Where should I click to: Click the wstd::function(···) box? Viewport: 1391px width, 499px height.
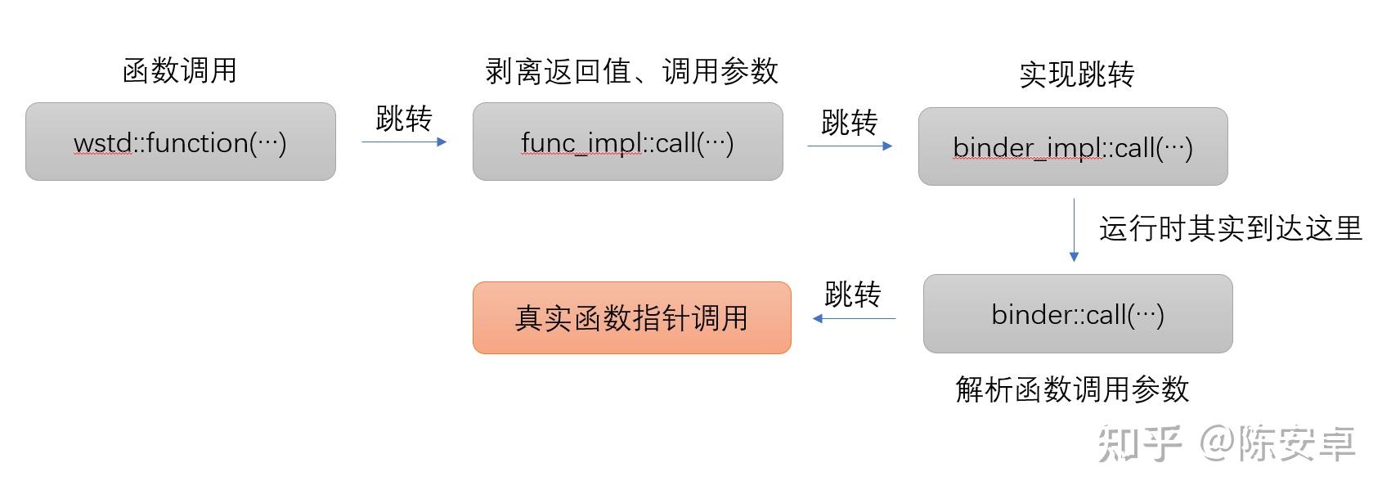click(180, 142)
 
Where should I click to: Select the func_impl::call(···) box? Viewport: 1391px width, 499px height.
click(627, 142)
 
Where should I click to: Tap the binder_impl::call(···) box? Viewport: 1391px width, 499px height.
click(1073, 146)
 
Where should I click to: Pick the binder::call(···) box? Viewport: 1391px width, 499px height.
click(1078, 314)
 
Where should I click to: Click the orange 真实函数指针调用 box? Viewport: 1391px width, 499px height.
click(631, 317)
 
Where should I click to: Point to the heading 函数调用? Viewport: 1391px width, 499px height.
click(179, 71)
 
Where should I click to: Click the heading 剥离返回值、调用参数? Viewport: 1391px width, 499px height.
click(631, 71)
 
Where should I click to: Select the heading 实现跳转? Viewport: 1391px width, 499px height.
click(1077, 74)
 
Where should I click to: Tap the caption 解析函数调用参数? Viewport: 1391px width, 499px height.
click(1072, 389)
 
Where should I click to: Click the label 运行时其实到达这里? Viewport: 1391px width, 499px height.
click(1231, 228)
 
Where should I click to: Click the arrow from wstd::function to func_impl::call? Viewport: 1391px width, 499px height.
click(404, 142)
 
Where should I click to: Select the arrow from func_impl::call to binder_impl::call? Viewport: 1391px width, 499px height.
click(850, 146)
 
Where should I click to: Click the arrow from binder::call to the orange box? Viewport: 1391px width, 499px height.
click(855, 318)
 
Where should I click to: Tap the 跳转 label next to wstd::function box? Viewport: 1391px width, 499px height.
click(404, 119)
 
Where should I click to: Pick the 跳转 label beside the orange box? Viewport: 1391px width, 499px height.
click(853, 294)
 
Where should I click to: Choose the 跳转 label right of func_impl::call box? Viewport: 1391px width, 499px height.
click(850, 123)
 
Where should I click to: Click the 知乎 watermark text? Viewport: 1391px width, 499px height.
click(1140, 444)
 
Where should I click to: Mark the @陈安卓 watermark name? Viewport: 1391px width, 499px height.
click(1278, 444)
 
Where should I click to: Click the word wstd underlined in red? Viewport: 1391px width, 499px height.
click(102, 143)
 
